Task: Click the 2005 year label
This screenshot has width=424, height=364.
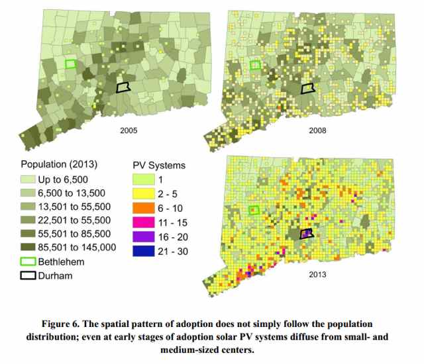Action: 128,131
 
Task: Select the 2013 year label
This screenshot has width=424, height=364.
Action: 318,273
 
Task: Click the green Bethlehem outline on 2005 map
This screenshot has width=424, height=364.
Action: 70,64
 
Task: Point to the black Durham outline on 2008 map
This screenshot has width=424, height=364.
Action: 307,89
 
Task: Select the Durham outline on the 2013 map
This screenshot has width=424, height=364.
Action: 305,234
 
